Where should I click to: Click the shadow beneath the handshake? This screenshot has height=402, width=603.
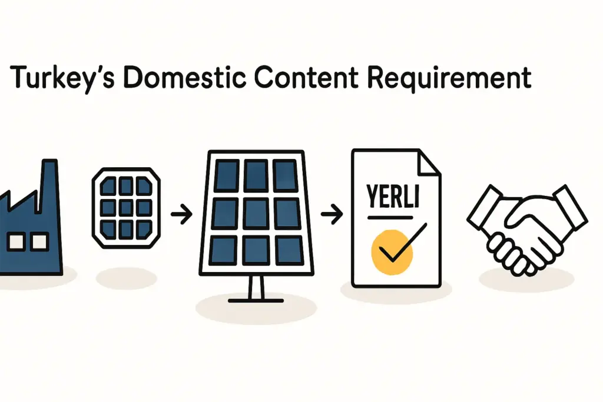point(526,279)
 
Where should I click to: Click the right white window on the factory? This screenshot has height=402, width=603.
point(39,241)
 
